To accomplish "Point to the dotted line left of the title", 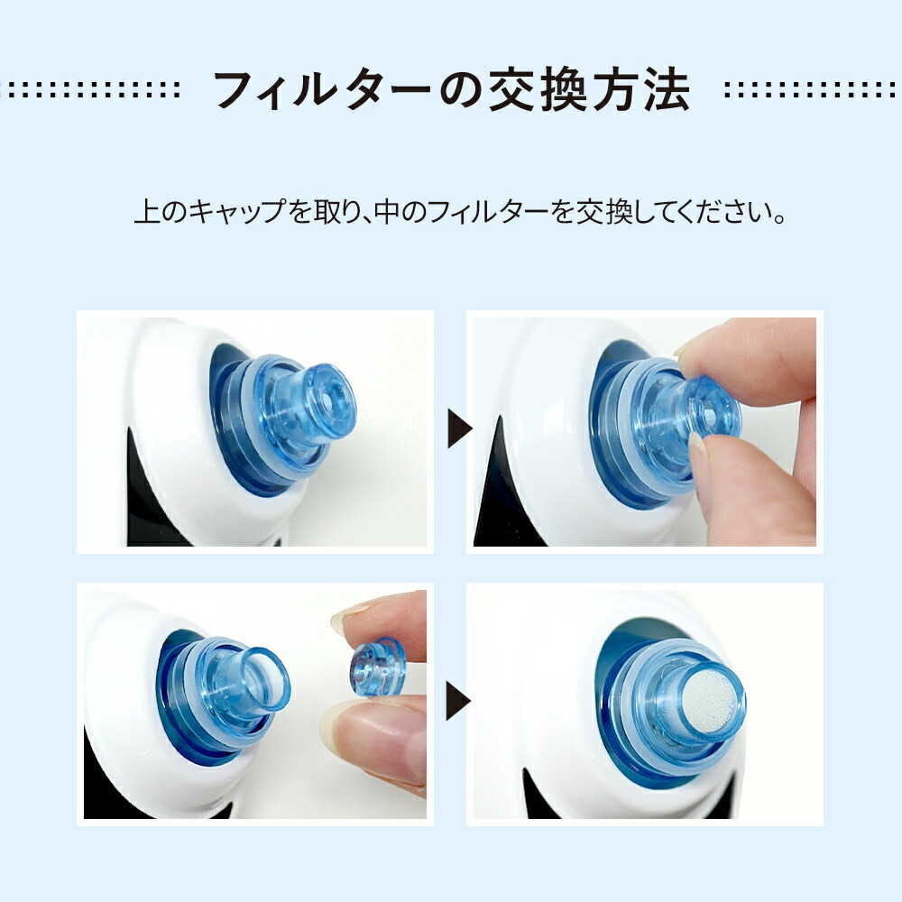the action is (x=90, y=89).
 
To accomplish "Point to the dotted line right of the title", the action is (x=811, y=89).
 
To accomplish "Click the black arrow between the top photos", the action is (x=460, y=428).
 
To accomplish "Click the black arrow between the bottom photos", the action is (x=458, y=700).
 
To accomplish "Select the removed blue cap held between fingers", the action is (x=377, y=669).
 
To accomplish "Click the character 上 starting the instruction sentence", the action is (x=148, y=212).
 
